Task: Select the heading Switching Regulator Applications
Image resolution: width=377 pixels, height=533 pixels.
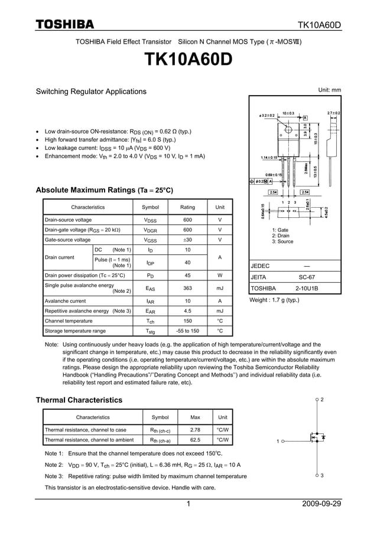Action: [91, 91]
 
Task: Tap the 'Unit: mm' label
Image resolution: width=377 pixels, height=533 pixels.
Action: [330, 90]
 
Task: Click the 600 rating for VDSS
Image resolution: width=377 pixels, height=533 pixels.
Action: [187, 220]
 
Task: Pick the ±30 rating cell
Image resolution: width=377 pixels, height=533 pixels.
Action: [187, 240]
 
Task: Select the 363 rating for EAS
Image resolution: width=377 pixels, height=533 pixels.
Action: [187, 287]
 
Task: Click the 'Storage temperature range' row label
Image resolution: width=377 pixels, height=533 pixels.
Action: [76, 331]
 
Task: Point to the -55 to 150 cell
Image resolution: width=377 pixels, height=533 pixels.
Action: [187, 331]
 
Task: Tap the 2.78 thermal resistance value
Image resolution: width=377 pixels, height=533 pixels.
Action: [195, 430]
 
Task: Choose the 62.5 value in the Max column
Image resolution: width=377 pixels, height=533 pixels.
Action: [195, 440]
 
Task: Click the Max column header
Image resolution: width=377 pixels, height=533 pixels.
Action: [195, 417]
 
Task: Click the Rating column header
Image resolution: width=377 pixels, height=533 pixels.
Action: [187, 207]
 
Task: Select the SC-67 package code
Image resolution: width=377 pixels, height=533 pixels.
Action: [307, 276]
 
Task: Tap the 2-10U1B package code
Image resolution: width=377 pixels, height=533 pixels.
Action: [307, 289]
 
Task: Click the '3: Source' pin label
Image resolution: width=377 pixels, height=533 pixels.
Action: [282, 241]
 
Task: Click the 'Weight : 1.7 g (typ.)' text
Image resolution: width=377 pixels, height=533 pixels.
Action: [275, 300]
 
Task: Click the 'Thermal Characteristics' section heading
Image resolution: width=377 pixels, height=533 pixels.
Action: [79, 400]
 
